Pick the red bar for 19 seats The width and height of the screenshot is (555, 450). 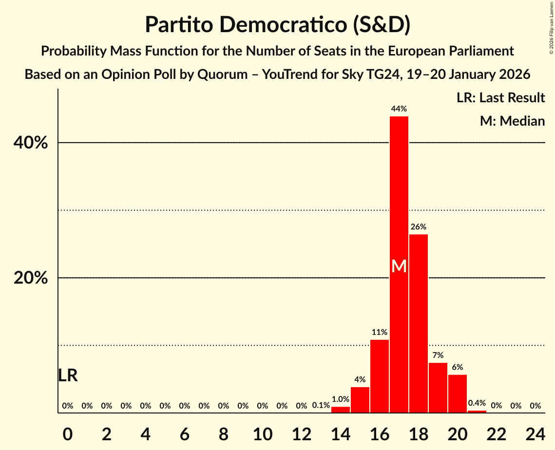pos(438,388)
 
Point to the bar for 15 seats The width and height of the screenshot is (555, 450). pos(360,400)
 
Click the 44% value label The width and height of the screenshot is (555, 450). pos(399,109)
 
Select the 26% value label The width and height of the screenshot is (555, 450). pos(419,227)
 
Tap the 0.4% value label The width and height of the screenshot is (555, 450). pos(477,403)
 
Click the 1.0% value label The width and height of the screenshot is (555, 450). pos(341,399)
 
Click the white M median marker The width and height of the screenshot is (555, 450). pos(399,266)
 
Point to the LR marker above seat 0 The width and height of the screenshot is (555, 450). pos(68,375)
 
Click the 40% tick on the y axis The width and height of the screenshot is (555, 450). pos(31,143)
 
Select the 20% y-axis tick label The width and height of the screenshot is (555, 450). pos(31,278)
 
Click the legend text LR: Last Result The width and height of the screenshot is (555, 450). pos(500,98)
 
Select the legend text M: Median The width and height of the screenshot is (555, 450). pos(512,121)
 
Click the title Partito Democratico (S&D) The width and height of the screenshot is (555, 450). pos(277,25)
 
